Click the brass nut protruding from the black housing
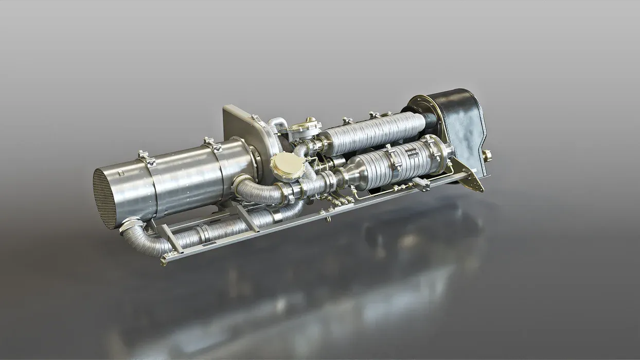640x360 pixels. tap(486, 155)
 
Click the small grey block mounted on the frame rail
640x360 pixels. tap(422, 184)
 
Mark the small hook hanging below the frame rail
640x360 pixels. tap(327, 219)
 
